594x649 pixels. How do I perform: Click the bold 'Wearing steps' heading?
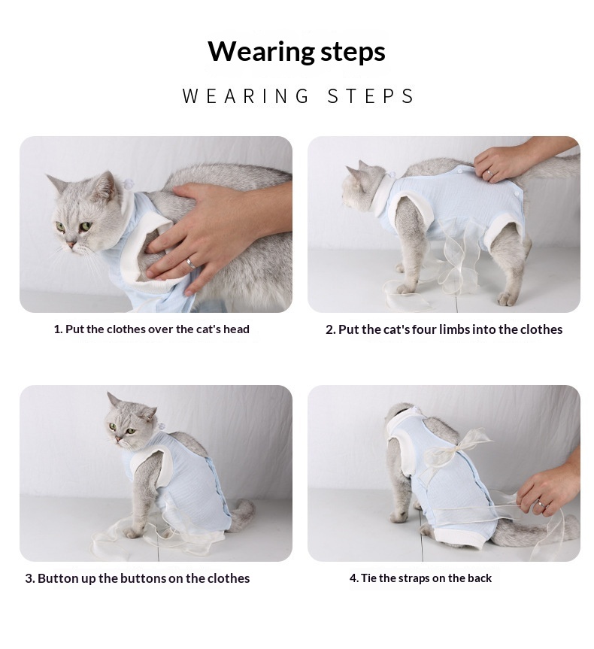pyautogui.click(x=296, y=52)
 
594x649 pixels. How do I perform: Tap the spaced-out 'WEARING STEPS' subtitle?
pyautogui.click(x=298, y=96)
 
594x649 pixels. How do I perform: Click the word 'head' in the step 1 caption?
pyautogui.click(x=236, y=329)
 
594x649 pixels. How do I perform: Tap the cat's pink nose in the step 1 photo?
pyautogui.click(x=71, y=244)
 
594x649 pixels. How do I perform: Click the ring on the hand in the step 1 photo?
pyautogui.click(x=190, y=262)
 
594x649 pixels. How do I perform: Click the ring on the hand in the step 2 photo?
pyautogui.click(x=489, y=172)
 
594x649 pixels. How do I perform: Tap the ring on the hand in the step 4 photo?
pyautogui.click(x=541, y=504)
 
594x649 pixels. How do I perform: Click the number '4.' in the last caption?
pyautogui.click(x=354, y=578)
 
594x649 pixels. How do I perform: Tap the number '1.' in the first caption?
pyautogui.click(x=58, y=329)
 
